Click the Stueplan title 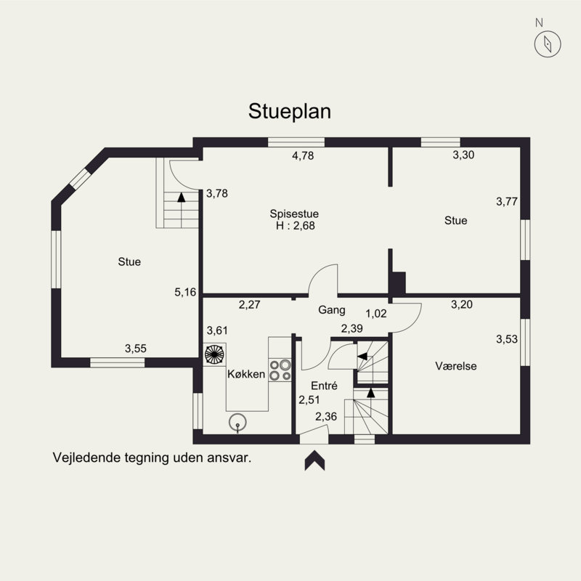point(289,112)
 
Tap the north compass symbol point(548,44)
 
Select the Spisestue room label point(294,214)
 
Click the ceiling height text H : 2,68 point(296,226)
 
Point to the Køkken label point(246,374)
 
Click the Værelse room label point(456,366)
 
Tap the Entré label point(324,386)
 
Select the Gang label point(332,310)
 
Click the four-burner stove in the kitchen point(280,370)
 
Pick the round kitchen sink point(237,423)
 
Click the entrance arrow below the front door point(314,460)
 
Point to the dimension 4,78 point(303,155)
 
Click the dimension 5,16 point(185,293)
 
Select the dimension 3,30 point(463,155)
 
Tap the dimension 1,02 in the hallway point(376,314)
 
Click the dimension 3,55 point(136,349)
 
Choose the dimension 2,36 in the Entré point(326,417)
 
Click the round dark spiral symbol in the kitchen point(214,354)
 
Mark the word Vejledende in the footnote point(86,458)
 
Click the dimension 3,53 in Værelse point(507,339)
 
